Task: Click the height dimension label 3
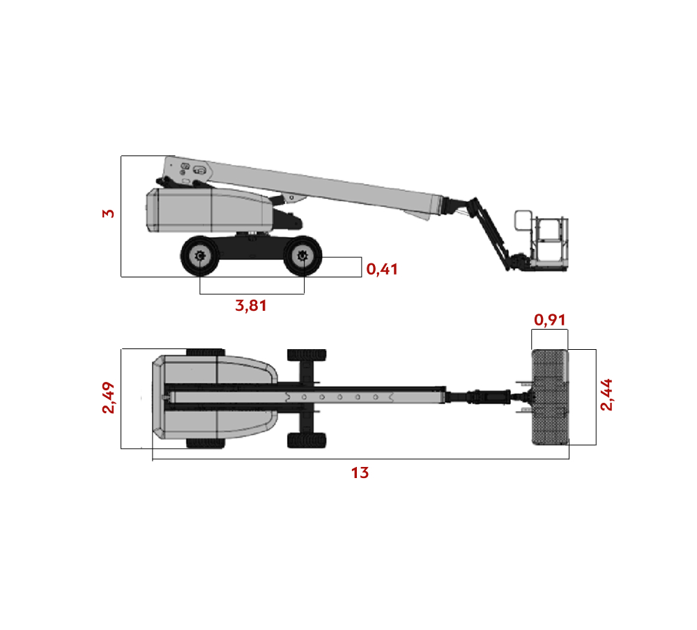click(109, 214)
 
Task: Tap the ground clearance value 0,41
click(382, 269)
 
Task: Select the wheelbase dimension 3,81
click(251, 305)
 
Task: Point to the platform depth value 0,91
click(549, 320)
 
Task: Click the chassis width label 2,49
click(109, 397)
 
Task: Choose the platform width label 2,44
click(606, 395)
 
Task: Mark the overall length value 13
click(360, 472)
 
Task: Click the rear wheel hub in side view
click(199, 256)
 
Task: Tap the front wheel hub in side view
click(302, 256)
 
